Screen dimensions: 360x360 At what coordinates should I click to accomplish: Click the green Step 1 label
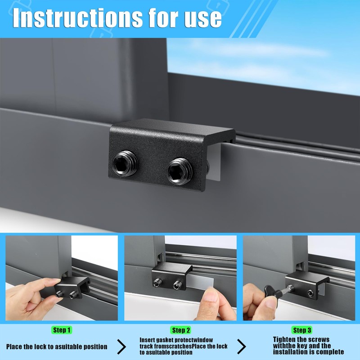coord(62,330)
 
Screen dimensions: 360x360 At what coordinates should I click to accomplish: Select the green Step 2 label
coord(181,330)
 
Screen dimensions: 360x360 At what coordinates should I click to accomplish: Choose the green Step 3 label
coord(302,330)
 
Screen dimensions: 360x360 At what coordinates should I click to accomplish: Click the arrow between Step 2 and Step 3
coord(242,346)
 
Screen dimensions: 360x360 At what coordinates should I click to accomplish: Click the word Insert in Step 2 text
coord(149,340)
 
